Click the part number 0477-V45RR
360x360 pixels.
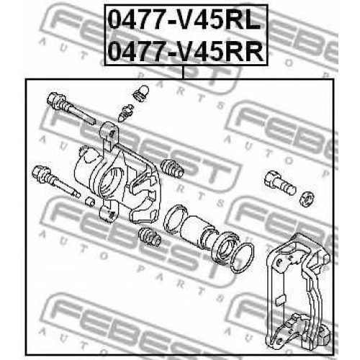click(x=186, y=51)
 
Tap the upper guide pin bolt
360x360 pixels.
click(x=71, y=108)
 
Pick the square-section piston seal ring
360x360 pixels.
click(x=175, y=218)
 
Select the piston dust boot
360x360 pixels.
click(x=227, y=246)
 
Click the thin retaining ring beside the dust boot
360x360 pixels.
click(x=243, y=257)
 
